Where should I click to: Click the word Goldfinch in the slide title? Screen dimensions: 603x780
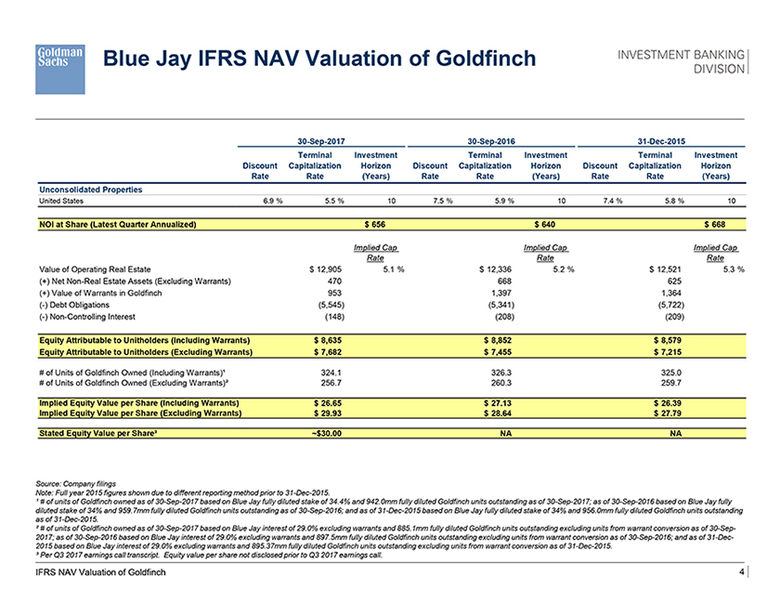(x=475, y=59)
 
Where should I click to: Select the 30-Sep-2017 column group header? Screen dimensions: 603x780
(x=321, y=139)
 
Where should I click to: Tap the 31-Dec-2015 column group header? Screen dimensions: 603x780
(x=662, y=139)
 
